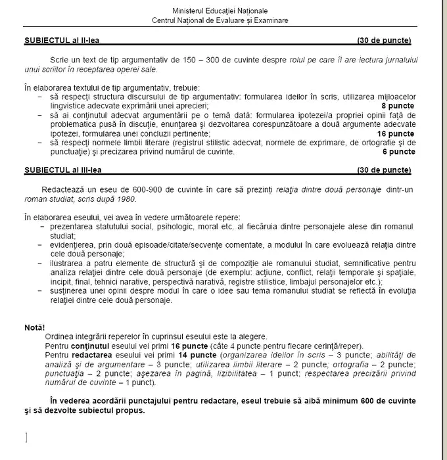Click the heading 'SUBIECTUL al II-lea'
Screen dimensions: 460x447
(x=59, y=41)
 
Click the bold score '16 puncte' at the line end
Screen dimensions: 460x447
(x=396, y=133)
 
